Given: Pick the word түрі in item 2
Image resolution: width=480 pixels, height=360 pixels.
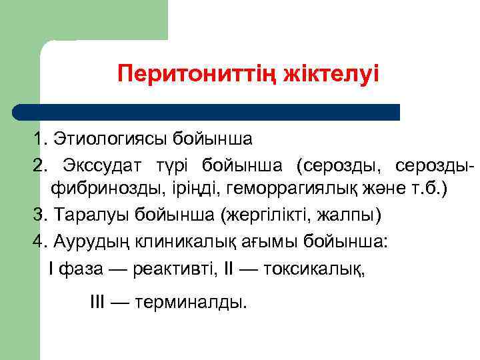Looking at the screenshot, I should pos(175,165).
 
